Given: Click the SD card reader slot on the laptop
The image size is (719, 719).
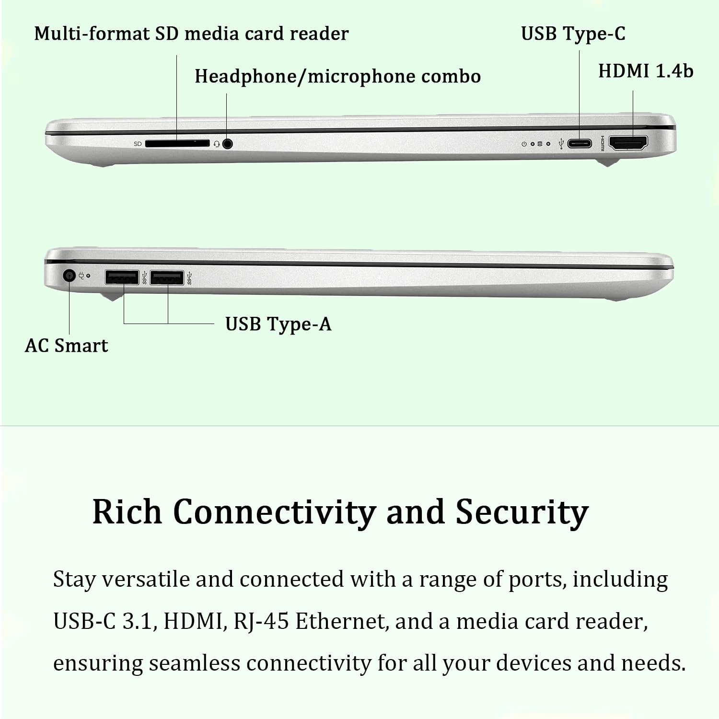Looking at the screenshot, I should click(177, 143).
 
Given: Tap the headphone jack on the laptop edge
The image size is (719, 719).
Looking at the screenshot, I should click(228, 143).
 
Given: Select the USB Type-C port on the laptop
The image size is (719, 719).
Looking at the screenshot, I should click(580, 143).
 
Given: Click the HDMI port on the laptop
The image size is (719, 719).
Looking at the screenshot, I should click(628, 143).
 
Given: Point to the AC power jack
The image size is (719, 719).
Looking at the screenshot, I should click(70, 276).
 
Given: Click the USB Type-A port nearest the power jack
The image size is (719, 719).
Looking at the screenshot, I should click(122, 278).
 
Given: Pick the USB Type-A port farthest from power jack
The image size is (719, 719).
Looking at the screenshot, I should click(167, 278).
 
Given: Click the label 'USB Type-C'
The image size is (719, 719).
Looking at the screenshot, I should click(573, 34).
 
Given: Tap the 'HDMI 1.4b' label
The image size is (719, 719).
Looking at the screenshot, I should click(645, 71).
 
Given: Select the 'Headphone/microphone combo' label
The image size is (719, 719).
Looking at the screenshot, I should click(337, 77).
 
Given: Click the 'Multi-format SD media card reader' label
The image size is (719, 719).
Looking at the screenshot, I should click(191, 34).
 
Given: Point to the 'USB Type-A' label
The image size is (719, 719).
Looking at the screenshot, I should click(278, 325).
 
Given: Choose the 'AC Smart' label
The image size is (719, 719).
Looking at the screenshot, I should click(66, 346).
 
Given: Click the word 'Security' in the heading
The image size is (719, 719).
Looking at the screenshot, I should click(522, 512).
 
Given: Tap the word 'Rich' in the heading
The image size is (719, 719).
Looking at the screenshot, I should click(127, 511).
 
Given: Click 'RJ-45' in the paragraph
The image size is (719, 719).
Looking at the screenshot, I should click(261, 622).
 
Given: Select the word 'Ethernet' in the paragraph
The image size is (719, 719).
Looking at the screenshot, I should click(340, 622).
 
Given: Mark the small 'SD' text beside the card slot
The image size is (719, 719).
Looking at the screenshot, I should click(138, 144).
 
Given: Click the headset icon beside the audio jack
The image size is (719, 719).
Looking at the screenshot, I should click(217, 144).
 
